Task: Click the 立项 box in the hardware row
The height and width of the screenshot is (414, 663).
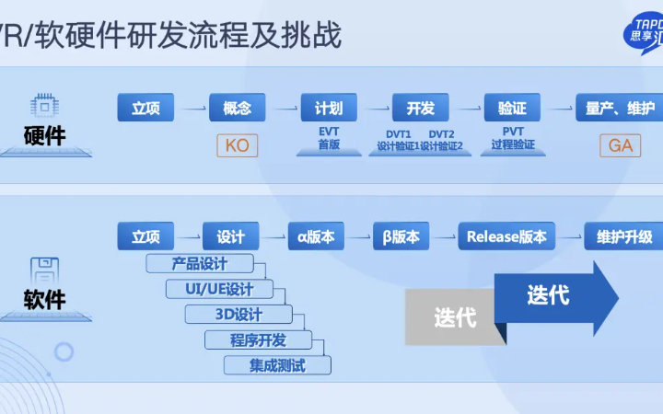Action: click(x=145, y=108)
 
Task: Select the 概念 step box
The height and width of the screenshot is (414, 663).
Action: click(x=237, y=108)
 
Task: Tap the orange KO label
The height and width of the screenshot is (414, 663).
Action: click(x=237, y=145)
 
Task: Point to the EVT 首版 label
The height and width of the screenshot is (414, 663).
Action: click(x=329, y=139)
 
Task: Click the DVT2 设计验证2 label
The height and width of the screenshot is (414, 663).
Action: click(x=446, y=140)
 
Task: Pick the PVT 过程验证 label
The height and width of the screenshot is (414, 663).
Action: click(x=513, y=139)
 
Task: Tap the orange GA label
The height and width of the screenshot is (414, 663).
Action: click(x=621, y=145)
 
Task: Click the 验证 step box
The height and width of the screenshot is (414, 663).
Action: click(x=512, y=108)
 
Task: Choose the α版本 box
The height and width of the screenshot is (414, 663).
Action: click(x=316, y=236)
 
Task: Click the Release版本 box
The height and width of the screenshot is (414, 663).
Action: click(x=506, y=236)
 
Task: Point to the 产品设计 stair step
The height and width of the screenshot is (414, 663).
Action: click(x=200, y=263)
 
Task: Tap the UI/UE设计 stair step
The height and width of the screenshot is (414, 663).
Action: click(x=220, y=289)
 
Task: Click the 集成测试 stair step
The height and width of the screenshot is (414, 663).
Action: click(x=277, y=365)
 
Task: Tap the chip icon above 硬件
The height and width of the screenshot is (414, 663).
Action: click(x=44, y=103)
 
